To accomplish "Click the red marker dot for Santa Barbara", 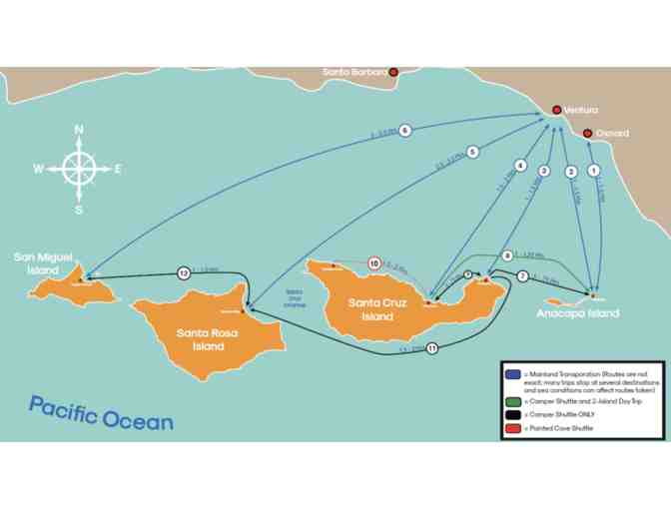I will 393,72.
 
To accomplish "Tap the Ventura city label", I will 580,110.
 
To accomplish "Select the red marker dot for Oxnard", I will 588,133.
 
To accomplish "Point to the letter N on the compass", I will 80,130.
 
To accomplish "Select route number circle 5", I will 473,152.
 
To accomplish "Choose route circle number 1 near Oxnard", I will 595,171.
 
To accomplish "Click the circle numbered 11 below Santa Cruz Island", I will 431,348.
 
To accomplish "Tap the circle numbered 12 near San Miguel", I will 184,272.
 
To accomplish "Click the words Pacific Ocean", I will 101,413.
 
